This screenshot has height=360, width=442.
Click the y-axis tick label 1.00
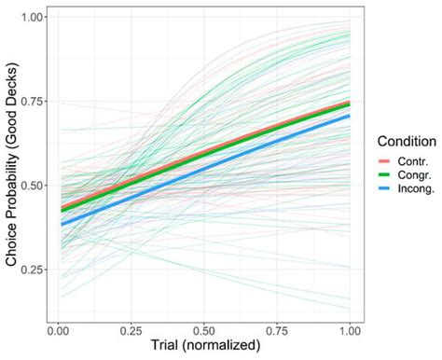tap(31, 17)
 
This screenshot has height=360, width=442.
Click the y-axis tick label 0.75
tap(31, 101)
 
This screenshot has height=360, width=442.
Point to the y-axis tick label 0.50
tap(31, 185)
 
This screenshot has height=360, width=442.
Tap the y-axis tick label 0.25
tap(31, 270)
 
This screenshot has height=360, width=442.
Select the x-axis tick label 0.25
tap(132, 329)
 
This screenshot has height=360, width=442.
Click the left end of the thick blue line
tap(60, 225)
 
